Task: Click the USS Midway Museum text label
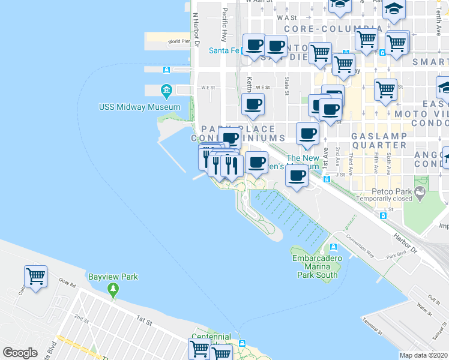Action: [139, 107]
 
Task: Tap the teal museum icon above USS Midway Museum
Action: [167, 91]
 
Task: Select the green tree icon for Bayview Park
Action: [113, 290]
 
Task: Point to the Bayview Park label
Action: [113, 277]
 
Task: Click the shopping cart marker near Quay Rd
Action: [36, 277]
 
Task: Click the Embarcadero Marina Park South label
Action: [317, 266]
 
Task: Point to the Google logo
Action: [20, 353]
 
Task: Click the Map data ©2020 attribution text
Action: [424, 355]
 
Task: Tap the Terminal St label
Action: [373, 326]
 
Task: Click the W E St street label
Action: [208, 87]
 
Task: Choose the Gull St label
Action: [435, 298]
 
